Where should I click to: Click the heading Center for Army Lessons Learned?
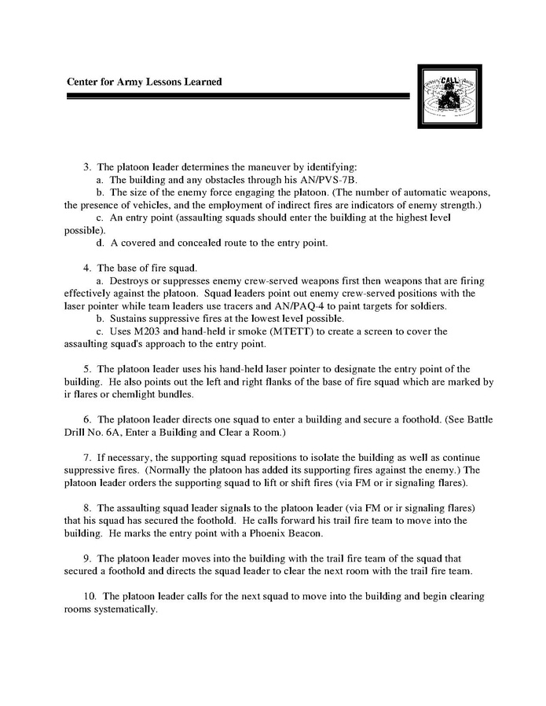[x=144, y=82]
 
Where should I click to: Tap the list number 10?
[x=89, y=596]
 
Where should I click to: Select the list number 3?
[x=87, y=167]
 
